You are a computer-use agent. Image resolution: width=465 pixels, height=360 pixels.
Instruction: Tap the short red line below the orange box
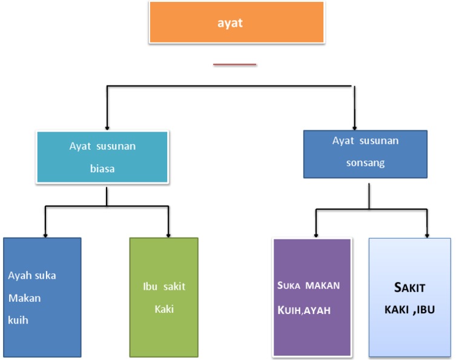tap(234, 64)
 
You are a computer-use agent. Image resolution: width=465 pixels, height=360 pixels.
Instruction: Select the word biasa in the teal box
tap(102, 169)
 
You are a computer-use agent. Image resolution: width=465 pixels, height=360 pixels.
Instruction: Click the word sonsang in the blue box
tap(365, 163)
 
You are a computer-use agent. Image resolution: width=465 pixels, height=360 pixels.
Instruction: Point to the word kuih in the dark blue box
tap(18, 320)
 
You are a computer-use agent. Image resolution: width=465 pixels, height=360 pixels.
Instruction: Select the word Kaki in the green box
tap(164, 309)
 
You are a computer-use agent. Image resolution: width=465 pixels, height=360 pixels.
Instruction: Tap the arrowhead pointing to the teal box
tap(107, 128)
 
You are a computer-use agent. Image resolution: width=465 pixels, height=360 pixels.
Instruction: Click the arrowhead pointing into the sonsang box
tap(354, 127)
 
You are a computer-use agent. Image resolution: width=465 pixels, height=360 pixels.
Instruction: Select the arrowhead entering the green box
tap(168, 234)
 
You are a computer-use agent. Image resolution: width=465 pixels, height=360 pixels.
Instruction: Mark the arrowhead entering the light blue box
tap(427, 235)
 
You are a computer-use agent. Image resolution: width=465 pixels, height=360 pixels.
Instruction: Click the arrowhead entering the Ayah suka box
tap(44, 234)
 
